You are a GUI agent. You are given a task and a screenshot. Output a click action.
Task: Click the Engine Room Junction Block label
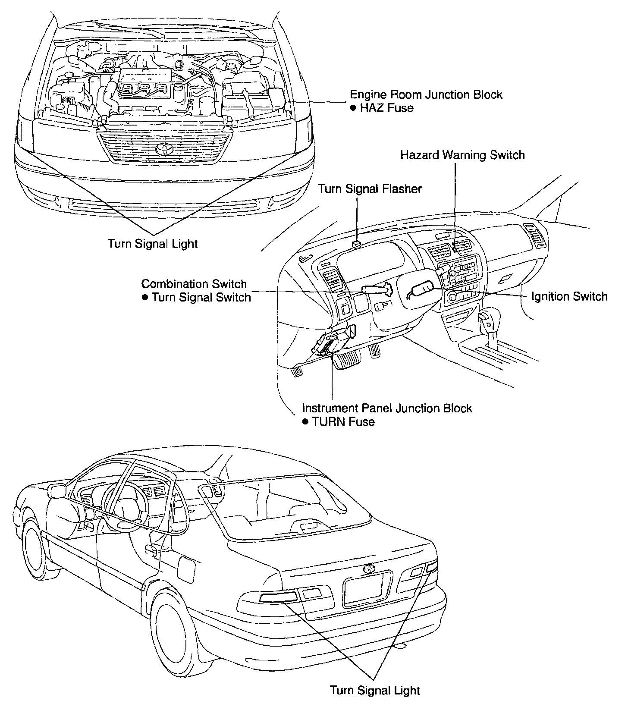click(x=426, y=94)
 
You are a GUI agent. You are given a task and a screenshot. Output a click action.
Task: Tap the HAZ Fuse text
click(x=386, y=108)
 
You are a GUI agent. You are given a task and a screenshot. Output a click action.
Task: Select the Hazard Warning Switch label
click(x=462, y=155)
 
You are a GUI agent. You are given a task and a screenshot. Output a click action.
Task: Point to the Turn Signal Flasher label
click(x=370, y=189)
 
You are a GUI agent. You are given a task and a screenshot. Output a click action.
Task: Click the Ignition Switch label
click(x=569, y=297)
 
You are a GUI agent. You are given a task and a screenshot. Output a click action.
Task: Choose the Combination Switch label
click(x=194, y=284)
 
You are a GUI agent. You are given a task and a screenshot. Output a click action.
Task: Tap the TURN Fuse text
click(x=343, y=421)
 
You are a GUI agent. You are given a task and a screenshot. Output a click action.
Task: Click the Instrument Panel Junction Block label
click(x=387, y=408)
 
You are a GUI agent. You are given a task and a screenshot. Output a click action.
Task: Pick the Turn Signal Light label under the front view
click(x=153, y=244)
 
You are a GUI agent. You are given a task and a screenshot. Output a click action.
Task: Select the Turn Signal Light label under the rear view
click(x=375, y=690)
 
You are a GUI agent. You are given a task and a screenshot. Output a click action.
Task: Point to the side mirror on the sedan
click(x=57, y=491)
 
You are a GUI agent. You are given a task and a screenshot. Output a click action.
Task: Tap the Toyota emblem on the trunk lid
click(x=369, y=569)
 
